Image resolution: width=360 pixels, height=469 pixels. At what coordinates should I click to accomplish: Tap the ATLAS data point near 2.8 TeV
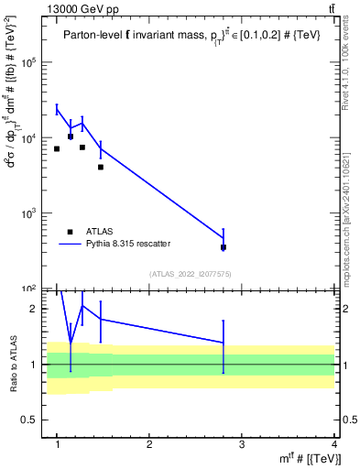pyautogui.click(x=224, y=247)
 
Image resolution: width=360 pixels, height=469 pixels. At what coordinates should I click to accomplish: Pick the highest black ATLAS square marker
pyautogui.click(x=71, y=136)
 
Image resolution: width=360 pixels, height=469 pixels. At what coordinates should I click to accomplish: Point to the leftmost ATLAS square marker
pyautogui.click(x=57, y=148)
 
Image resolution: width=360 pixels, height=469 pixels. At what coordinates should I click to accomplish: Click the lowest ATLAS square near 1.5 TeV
pyautogui.click(x=101, y=167)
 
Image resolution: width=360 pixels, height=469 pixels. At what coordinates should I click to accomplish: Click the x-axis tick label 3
pyautogui.click(x=241, y=445)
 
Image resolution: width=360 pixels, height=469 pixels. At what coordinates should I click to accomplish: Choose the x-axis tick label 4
pyautogui.click(x=333, y=445)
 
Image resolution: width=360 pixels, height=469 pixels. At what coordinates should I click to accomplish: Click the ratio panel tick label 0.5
pyautogui.click(x=30, y=420)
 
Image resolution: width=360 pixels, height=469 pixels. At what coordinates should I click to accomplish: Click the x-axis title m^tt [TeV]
pyautogui.click(x=311, y=459)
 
